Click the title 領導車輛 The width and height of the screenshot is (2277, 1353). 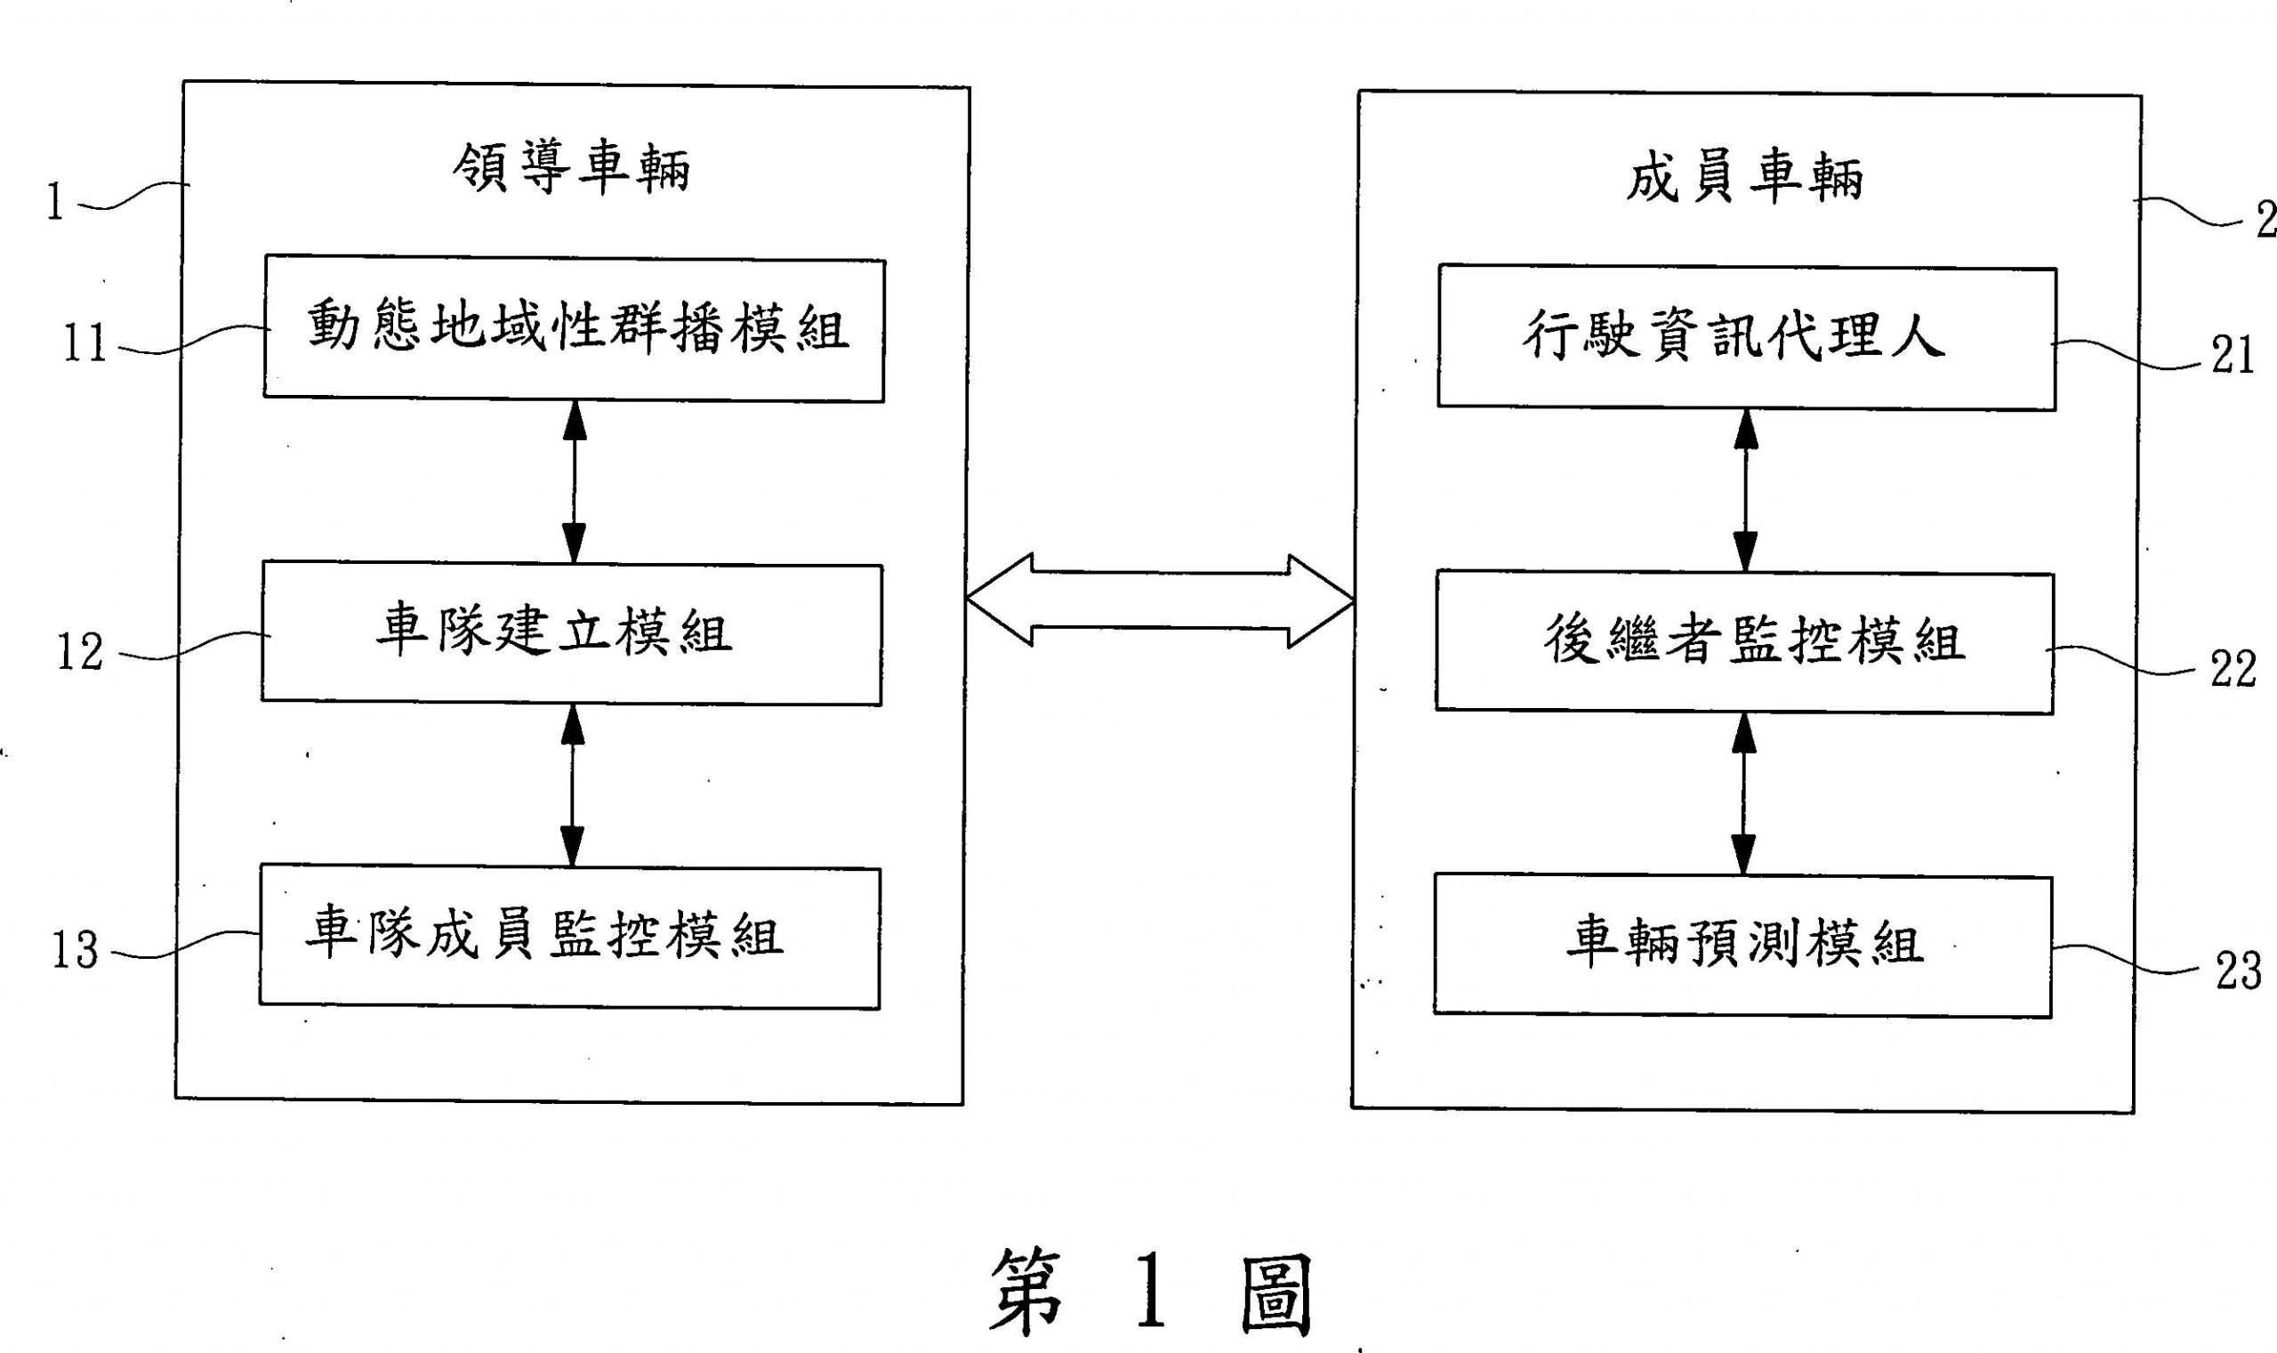tap(572, 169)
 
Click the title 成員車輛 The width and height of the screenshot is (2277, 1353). tap(1743, 178)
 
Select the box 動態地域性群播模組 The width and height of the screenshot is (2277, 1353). tap(575, 330)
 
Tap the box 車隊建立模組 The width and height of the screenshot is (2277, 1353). tap(572, 634)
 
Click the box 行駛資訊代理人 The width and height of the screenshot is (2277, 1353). tap(1746, 337)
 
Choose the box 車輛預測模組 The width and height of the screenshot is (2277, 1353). tap(1742, 946)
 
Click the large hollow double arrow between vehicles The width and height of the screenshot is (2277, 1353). tap(1160, 600)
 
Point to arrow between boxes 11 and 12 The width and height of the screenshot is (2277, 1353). tap(575, 482)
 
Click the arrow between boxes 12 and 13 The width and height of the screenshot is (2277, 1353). tap(573, 785)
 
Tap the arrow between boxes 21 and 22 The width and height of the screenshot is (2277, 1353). tap(1745, 490)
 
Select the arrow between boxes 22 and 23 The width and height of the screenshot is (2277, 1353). tap(1742, 794)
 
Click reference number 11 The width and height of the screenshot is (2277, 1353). tap(84, 344)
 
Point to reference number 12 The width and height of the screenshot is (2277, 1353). tap(80, 652)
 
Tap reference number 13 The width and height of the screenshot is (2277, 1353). tap(75, 949)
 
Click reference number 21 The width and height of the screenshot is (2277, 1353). tap(2233, 356)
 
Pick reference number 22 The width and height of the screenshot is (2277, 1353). tap(2233, 668)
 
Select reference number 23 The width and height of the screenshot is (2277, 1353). tap(2238, 971)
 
